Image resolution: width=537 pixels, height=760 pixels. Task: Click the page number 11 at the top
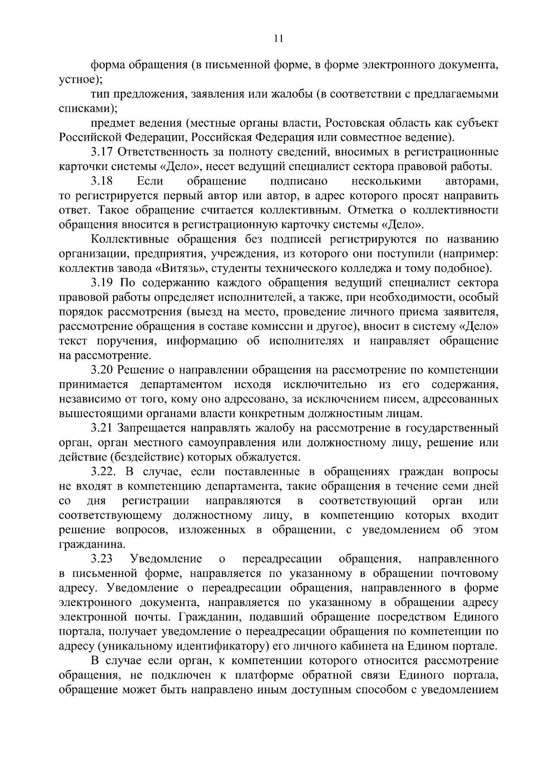point(278,39)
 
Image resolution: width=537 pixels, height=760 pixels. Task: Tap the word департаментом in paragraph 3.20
point(181,385)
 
